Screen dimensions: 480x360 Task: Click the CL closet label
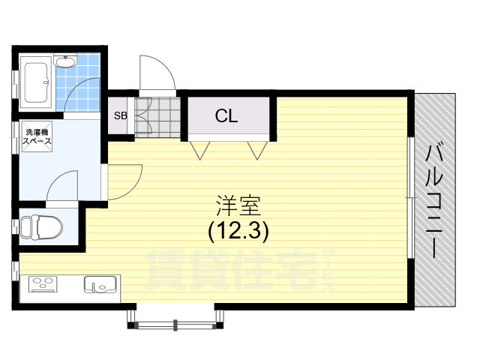pyautogui.click(x=226, y=115)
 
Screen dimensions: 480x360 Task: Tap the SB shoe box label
pyautogui.click(x=120, y=115)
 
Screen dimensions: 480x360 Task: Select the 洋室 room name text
pyautogui.click(x=238, y=205)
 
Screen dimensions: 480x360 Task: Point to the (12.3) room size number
pyautogui.click(x=238, y=231)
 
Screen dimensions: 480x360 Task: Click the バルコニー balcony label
pyautogui.click(x=433, y=201)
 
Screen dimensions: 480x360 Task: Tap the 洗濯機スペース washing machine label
pyautogui.click(x=37, y=136)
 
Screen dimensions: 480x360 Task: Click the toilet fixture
pyautogui.click(x=41, y=227)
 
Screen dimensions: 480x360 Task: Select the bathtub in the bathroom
pyautogui.click(x=37, y=82)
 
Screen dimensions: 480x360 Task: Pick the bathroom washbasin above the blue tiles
pyautogui.click(x=65, y=61)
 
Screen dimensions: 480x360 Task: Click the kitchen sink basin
pyautogui.click(x=100, y=284)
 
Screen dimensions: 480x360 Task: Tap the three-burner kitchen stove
pyautogui.click(x=43, y=284)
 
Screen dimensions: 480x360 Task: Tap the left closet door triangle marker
pyautogui.click(x=200, y=150)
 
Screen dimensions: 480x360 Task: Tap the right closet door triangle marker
pyautogui.click(x=257, y=150)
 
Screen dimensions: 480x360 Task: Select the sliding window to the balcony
pyautogui.click(x=411, y=198)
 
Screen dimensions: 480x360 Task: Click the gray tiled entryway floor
pyautogui.click(x=158, y=117)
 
